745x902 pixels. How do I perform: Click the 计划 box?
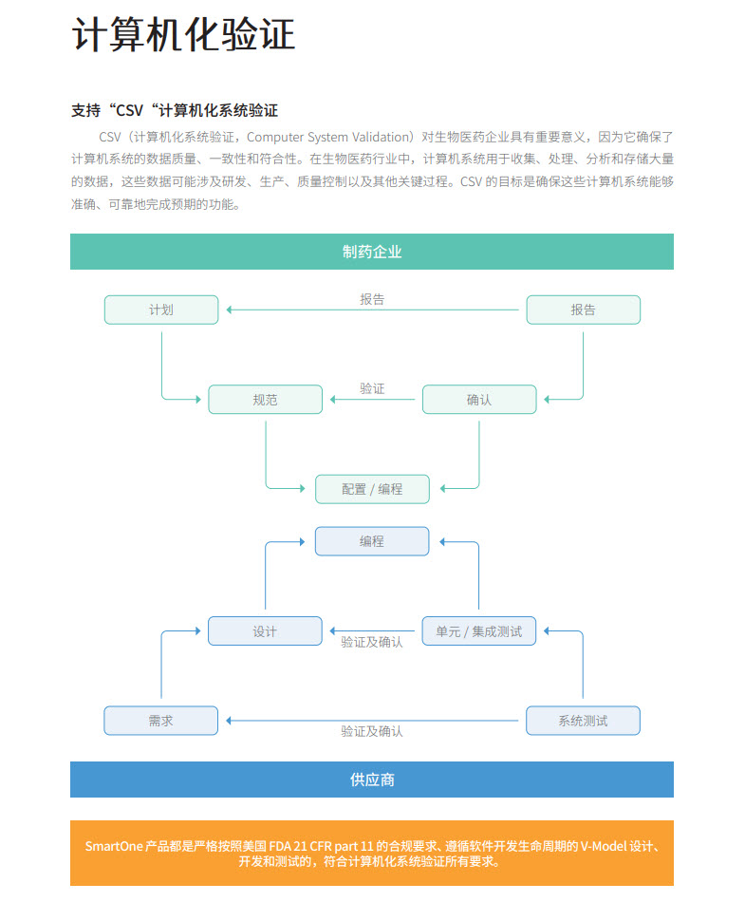coord(161,310)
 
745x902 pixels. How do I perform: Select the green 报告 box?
coord(583,310)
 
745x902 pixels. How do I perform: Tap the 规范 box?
coord(265,399)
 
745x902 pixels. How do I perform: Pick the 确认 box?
coord(479,399)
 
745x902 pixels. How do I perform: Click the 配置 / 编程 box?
coord(372,489)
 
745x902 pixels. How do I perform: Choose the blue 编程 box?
coord(372,541)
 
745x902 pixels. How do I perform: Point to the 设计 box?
coord(265,631)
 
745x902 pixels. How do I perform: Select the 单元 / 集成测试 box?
coord(479,631)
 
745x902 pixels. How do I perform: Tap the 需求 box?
coord(161,721)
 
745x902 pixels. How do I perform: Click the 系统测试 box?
coord(583,721)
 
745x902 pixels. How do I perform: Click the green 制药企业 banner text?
coord(372,252)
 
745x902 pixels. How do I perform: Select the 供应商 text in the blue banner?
coord(372,780)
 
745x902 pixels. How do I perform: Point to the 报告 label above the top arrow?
coord(372,299)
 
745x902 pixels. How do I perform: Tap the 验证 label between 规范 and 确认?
coord(372,389)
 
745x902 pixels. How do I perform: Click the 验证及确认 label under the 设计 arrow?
coord(372,642)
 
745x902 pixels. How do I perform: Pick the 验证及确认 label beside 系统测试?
coord(372,731)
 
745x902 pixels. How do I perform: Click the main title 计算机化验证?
coord(183,34)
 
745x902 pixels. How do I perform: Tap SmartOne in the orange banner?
coord(114,846)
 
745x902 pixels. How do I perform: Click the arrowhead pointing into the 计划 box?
coord(230,310)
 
